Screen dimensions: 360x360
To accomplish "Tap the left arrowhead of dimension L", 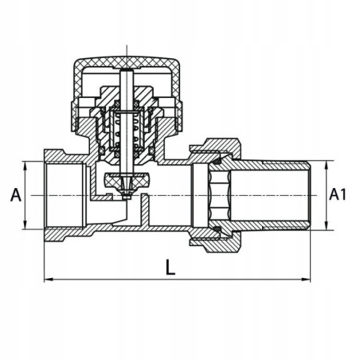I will (47, 280).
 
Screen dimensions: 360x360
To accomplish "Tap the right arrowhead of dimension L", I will (307, 280).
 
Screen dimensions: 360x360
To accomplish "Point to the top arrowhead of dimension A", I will (27, 165).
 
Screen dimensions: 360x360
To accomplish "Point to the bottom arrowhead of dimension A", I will (27, 226).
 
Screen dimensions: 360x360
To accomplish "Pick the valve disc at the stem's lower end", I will (125, 181).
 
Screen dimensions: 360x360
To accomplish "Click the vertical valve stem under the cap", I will (125, 100).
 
